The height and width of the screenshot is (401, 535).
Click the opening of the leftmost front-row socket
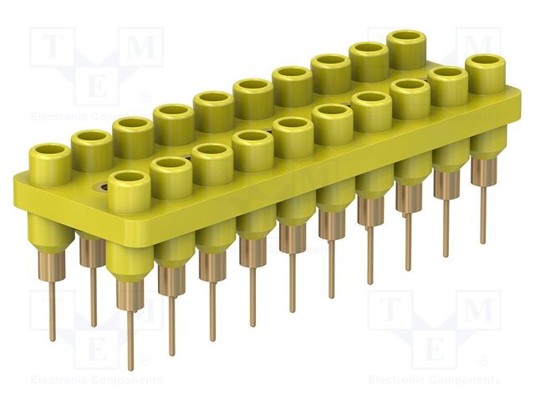click(128, 178)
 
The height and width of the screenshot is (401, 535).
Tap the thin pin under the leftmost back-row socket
click(52, 313)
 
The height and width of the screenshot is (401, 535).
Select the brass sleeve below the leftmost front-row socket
click(130, 294)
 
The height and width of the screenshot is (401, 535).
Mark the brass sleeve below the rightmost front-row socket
click(483, 171)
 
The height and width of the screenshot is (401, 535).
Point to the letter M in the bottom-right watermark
click(479, 312)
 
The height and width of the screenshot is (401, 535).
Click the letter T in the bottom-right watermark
click(390, 312)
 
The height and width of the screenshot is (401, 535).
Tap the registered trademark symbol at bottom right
click(482, 361)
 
